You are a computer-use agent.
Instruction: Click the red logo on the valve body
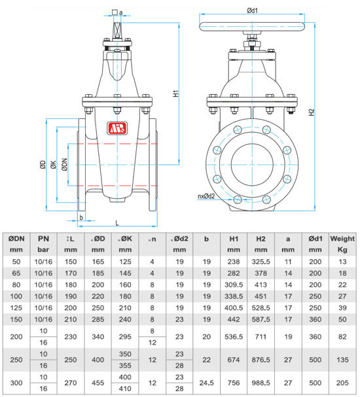[117, 128]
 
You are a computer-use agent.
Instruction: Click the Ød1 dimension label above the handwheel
[253, 10]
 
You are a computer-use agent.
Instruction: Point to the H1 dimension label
[176, 94]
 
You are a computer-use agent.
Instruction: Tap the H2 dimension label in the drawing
[312, 112]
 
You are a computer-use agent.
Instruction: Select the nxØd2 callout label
[206, 196]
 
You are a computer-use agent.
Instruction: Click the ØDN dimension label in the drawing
[65, 165]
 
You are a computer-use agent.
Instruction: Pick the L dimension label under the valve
[117, 223]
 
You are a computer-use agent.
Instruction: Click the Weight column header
[342, 239]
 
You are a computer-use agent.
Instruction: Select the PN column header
[43, 239]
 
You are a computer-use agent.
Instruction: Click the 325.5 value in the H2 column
[261, 262]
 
